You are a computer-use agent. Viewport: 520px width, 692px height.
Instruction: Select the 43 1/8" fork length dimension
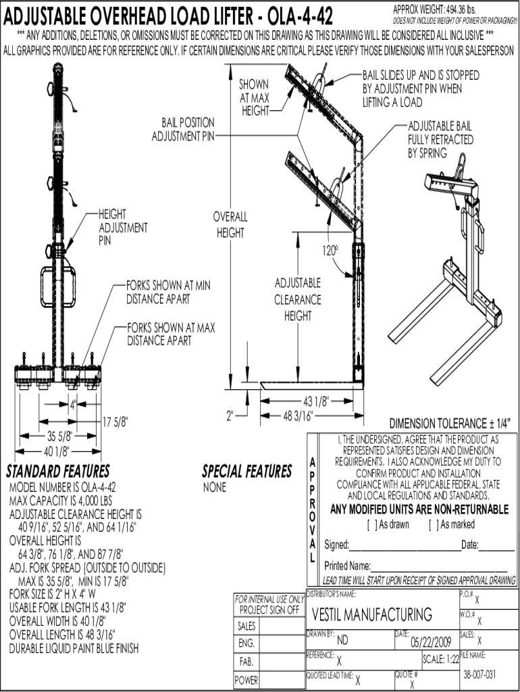[x=315, y=401]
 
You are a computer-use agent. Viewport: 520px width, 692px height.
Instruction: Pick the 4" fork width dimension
[x=72, y=405]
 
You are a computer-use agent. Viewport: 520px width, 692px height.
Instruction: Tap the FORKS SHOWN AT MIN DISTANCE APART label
[x=168, y=292]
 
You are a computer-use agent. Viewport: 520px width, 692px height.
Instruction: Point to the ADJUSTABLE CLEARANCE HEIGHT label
[x=298, y=299]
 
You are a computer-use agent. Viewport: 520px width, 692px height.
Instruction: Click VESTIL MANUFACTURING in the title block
[x=372, y=614]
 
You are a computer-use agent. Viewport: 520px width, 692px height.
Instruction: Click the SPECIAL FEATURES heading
[x=247, y=471]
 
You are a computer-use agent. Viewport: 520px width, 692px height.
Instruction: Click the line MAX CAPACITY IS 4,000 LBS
[x=60, y=501]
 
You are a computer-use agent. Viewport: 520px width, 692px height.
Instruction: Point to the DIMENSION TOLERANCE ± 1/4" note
[x=450, y=424]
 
